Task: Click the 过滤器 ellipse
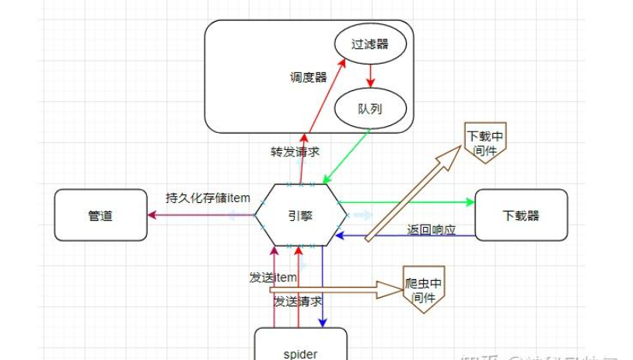pos(371,45)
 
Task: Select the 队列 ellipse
pos(371,108)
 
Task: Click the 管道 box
pos(100,215)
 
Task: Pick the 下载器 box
pos(521,214)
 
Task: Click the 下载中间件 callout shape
pos(484,141)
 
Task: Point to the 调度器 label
pos(307,77)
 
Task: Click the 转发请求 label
pos(295,152)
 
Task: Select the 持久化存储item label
pos(208,197)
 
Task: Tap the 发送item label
pos(273,278)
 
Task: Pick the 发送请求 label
pos(298,300)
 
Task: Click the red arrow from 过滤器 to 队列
pos(371,76)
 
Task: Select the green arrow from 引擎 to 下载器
pos(404,202)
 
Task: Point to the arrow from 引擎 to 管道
pos(202,215)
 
